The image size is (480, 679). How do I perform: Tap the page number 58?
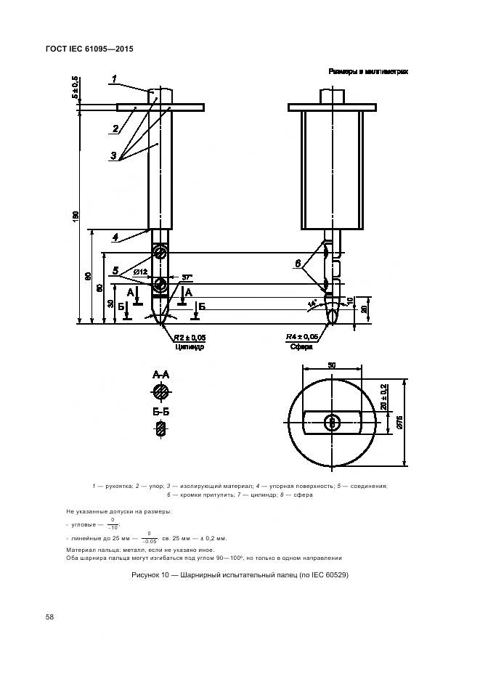(50, 617)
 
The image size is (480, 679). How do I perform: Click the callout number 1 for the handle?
(114, 78)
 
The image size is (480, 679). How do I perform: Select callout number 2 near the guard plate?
(115, 129)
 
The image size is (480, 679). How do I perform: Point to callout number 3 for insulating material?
(113, 155)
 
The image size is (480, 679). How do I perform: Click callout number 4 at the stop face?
(115, 236)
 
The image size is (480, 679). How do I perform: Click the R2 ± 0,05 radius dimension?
(189, 338)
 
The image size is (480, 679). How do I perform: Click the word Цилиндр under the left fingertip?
(190, 347)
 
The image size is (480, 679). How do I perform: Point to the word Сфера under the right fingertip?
(300, 347)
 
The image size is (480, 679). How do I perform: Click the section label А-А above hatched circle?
(160, 375)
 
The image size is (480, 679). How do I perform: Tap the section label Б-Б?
(160, 412)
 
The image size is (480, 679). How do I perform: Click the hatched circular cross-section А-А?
(160, 392)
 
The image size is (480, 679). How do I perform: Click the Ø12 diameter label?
(139, 272)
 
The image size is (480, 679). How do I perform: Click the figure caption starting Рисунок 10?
(239, 576)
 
